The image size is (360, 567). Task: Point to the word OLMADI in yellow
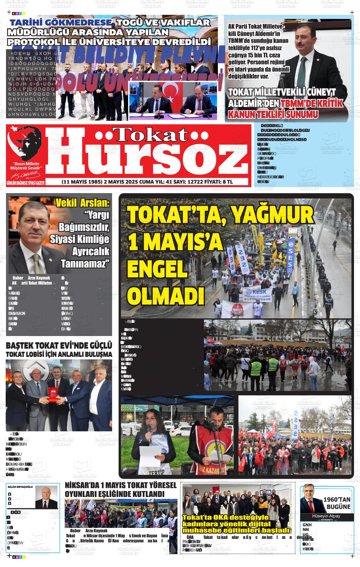point(167,295)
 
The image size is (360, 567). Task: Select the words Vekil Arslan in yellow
point(82,203)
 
